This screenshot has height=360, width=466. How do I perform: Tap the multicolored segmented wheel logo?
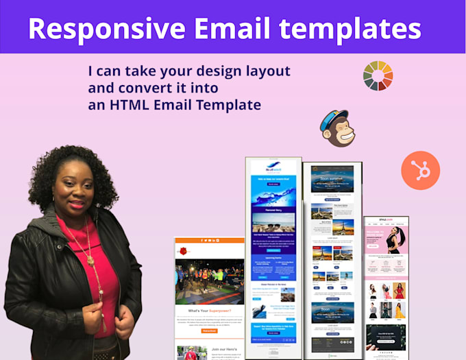click(x=378, y=75)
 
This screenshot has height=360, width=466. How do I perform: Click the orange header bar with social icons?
click(x=209, y=241)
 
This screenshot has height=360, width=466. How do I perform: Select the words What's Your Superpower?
click(x=209, y=311)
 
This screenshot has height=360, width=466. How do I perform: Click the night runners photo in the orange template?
click(x=209, y=281)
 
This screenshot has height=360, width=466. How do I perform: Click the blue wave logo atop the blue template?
click(x=273, y=167)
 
